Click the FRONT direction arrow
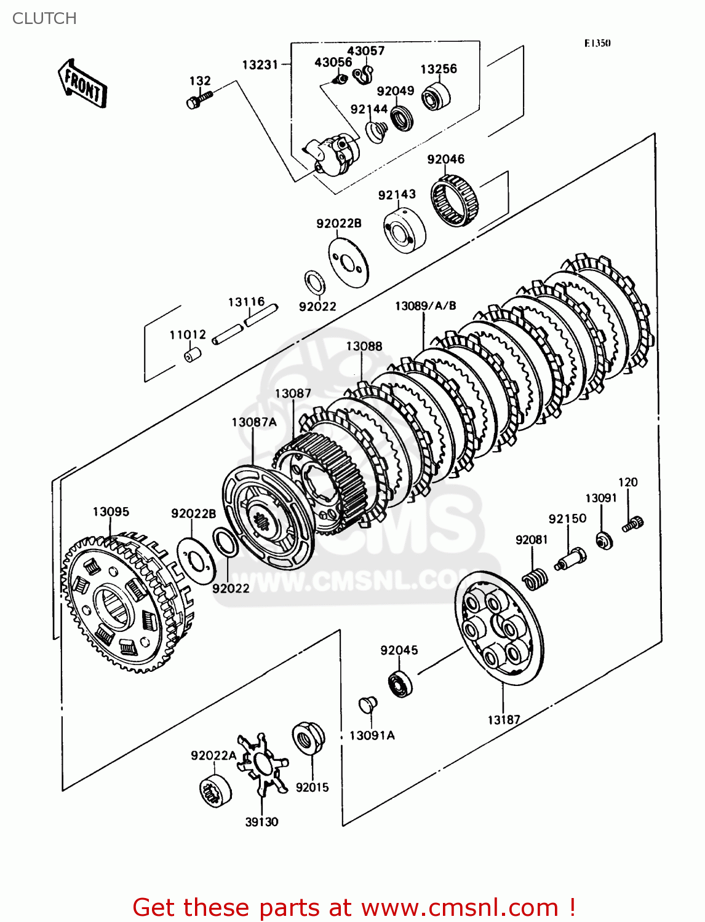(x=82, y=84)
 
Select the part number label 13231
(x=260, y=65)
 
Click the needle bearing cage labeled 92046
(x=455, y=199)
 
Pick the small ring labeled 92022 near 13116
(x=315, y=282)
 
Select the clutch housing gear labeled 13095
(x=123, y=605)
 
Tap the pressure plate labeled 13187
(x=499, y=628)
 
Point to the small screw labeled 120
(x=632, y=524)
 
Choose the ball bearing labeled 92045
(x=399, y=684)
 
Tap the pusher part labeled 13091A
(x=368, y=704)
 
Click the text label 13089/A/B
(x=425, y=305)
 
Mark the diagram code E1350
(x=597, y=43)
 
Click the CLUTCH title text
(x=44, y=18)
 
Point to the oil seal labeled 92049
(x=402, y=119)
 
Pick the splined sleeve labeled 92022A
(x=215, y=789)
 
